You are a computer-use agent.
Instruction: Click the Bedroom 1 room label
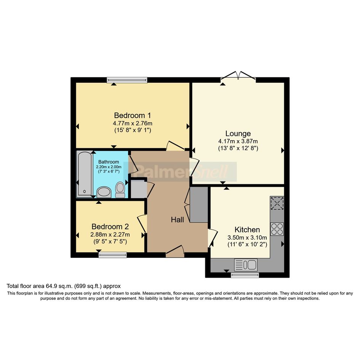(133, 115)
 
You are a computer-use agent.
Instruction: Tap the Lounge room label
(238, 134)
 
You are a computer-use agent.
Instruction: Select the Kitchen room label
(247, 230)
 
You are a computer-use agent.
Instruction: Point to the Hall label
(177, 220)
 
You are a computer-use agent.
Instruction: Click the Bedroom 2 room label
(110, 227)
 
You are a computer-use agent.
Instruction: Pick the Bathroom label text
(109, 162)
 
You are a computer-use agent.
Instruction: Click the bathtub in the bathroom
(85, 174)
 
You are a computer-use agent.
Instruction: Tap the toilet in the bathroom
(120, 190)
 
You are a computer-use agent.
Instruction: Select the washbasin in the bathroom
(104, 192)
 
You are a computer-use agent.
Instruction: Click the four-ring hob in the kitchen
(277, 229)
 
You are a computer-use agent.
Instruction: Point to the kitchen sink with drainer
(246, 265)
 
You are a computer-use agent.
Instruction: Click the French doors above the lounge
(238, 77)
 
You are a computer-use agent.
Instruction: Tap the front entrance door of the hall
(175, 252)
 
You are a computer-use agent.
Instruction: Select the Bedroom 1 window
(127, 80)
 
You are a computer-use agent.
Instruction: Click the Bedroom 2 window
(113, 254)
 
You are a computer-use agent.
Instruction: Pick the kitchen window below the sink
(245, 275)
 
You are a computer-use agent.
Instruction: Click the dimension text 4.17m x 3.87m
(238, 141)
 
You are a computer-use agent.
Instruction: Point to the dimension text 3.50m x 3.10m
(247, 237)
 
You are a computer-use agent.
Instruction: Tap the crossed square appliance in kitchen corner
(277, 203)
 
